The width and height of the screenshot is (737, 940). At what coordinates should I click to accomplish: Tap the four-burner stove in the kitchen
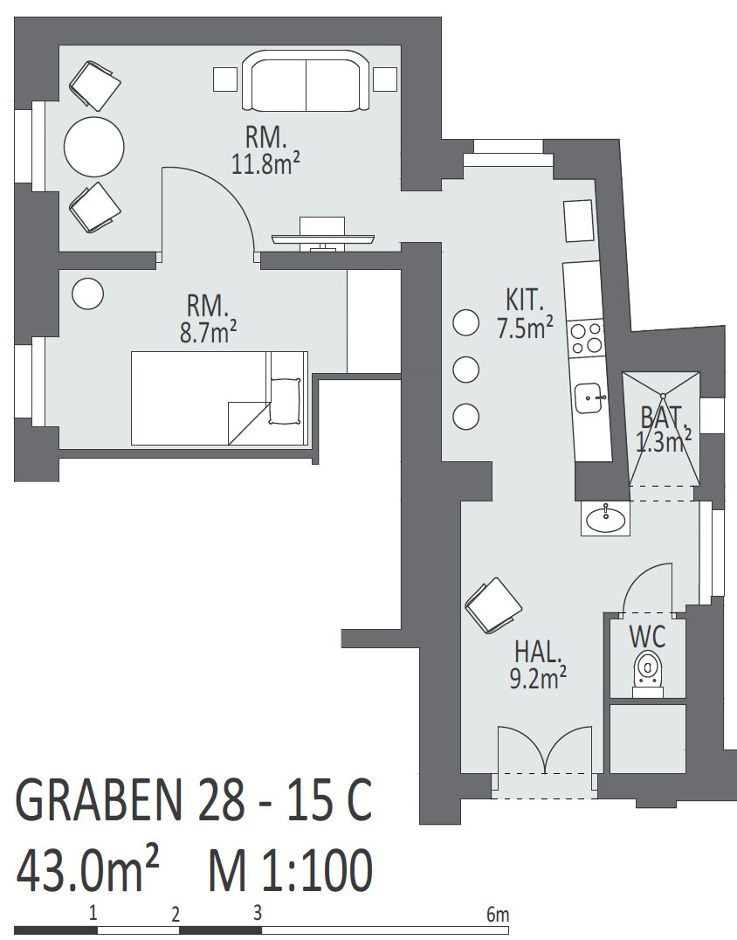coord(586,338)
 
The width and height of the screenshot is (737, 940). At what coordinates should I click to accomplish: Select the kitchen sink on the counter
coord(591,397)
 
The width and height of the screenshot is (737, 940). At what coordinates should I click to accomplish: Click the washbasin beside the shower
coord(606,518)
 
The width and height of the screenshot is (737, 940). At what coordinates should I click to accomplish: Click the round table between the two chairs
coord(94,146)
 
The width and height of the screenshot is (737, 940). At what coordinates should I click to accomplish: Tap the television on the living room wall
coord(323,235)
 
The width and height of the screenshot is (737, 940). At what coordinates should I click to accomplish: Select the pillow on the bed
coord(285,401)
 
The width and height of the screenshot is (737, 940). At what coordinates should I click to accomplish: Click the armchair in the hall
coord(493,605)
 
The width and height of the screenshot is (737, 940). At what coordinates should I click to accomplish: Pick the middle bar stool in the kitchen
coord(465,370)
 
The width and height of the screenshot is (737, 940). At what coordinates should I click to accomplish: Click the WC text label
coord(648,636)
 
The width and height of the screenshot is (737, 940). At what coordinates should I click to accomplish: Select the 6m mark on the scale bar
coord(498,914)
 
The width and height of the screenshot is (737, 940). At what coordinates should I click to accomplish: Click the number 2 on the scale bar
coord(175,915)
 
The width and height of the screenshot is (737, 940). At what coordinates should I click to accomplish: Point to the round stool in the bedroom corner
coord(87,294)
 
